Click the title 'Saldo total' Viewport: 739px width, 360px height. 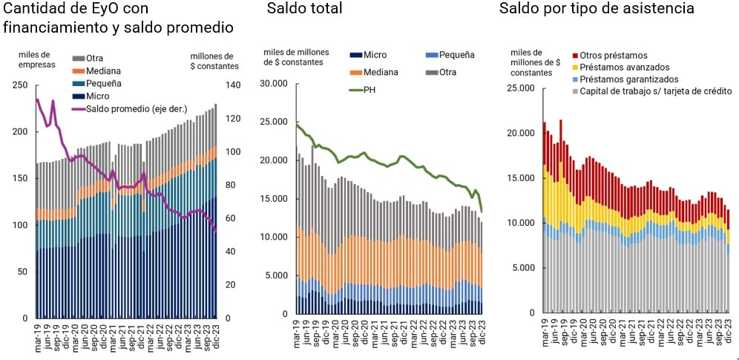coord(304,9)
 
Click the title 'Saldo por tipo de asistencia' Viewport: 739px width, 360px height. coord(597,9)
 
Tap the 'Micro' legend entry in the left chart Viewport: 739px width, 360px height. coord(97,96)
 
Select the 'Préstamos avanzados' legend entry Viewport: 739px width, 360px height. coord(626,67)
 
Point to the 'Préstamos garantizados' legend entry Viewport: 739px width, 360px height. coord(631,79)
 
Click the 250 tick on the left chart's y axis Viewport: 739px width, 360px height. coord(22,85)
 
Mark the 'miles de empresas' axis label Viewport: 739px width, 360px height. coord(34,60)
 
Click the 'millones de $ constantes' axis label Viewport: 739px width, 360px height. coord(214,61)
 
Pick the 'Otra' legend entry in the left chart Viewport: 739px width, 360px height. coord(94,58)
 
